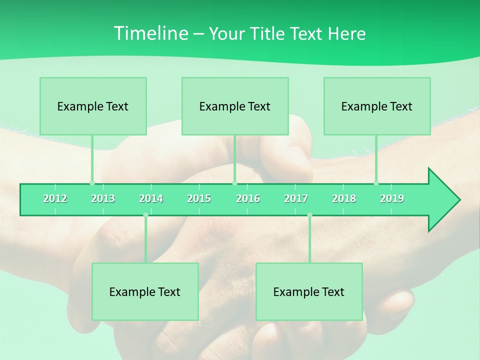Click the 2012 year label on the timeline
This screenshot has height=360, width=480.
(55, 198)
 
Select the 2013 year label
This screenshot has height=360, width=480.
(103, 198)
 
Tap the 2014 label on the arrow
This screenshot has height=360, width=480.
(151, 198)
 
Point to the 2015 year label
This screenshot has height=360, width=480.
(199, 198)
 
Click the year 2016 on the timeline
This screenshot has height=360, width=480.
(248, 198)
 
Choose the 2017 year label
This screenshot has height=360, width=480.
(296, 198)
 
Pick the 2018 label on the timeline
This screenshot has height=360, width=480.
(344, 198)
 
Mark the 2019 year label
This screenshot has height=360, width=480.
(392, 198)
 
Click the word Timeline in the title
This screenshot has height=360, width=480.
(150, 33)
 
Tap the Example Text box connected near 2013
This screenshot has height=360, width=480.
(93, 106)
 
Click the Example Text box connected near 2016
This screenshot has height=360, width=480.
(235, 106)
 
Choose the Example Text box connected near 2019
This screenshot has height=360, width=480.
(377, 106)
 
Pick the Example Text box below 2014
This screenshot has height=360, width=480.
(145, 291)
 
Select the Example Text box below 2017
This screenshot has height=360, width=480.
(309, 291)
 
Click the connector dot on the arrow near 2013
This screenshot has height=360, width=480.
(92, 183)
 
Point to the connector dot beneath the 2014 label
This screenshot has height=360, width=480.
(145, 215)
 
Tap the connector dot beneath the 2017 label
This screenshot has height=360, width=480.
(309, 215)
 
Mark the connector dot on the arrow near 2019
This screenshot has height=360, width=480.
(376, 183)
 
